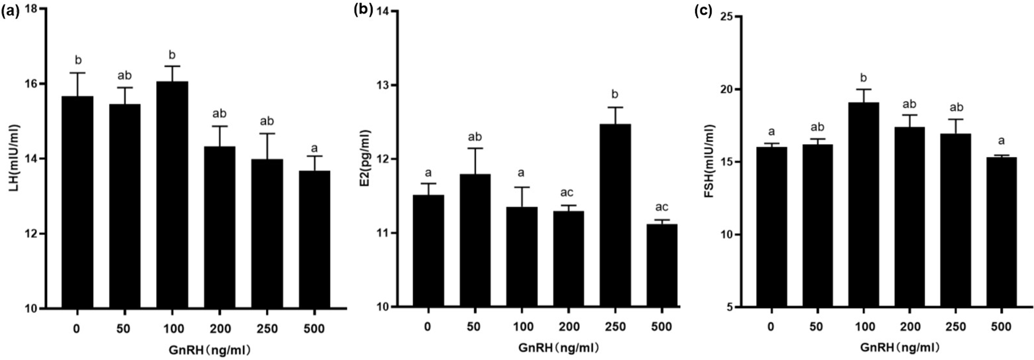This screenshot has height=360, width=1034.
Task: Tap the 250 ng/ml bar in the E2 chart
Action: point(615,215)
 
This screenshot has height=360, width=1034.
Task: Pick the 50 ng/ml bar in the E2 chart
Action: point(474,240)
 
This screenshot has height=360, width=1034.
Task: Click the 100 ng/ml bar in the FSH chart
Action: point(863,205)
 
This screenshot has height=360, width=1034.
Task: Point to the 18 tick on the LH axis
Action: point(31,10)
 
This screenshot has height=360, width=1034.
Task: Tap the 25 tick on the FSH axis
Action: point(726,16)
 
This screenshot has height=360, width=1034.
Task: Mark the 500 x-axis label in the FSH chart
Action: point(1001,327)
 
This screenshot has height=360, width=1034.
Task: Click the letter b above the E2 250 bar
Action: point(615,94)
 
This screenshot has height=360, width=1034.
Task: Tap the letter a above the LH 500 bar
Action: point(314,148)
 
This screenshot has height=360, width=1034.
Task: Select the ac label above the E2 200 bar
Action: point(567,192)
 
